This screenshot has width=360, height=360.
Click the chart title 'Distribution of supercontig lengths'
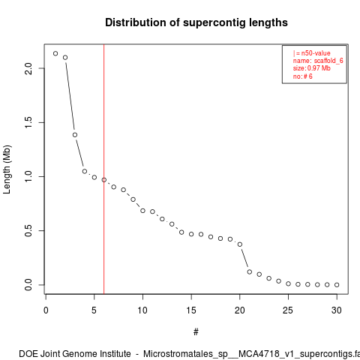196,22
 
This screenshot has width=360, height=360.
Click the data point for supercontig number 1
55,53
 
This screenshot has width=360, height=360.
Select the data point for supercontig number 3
75,135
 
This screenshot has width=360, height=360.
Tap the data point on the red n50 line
104,180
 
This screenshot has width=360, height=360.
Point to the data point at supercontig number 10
142,211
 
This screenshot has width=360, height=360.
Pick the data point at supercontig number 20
240,244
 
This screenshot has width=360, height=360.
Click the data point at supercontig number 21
250,271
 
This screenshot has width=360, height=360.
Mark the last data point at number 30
337,285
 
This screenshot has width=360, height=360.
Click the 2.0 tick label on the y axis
28,68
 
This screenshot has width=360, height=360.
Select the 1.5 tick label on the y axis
28,122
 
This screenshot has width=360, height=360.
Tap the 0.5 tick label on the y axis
28,230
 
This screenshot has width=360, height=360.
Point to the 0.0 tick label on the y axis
28,285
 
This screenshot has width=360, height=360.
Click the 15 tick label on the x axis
191,310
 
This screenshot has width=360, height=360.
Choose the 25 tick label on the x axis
288,310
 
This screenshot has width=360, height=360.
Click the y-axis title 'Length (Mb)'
7,169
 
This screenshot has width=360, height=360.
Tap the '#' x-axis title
196,332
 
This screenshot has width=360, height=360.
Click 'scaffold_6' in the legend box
328,61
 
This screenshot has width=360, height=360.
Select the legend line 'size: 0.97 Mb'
312,68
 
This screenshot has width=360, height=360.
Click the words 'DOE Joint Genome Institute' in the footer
75,354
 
